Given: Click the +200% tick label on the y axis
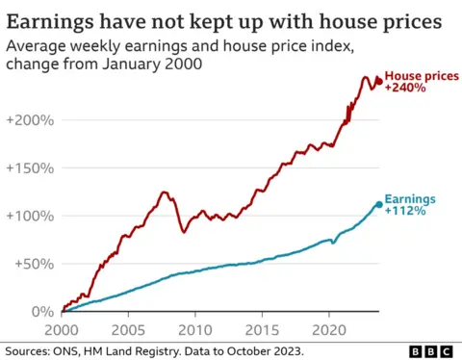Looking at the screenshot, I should click(29, 120).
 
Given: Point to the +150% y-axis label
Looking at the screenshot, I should click(29, 167).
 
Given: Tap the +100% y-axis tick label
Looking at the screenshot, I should click(29, 216).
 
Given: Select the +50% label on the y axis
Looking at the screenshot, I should click(32, 264).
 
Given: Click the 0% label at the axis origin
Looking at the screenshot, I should click(40, 311).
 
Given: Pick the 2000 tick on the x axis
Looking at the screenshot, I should click(62, 327).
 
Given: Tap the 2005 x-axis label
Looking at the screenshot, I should click(128, 327).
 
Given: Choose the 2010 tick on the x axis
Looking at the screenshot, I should click(194, 327).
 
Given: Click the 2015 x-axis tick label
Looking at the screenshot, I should click(261, 327).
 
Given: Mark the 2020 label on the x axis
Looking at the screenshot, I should click(328, 327).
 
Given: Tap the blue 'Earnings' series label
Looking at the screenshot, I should click(410, 199).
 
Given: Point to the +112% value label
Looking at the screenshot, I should click(403, 211).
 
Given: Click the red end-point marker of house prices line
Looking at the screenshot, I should click(378, 82).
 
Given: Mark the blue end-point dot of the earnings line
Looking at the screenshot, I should click(378, 204).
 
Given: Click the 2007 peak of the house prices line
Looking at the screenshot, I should click(164, 193).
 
